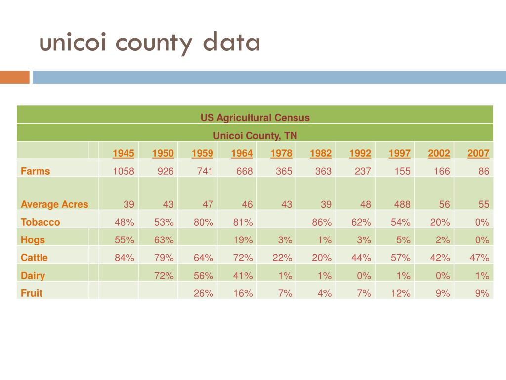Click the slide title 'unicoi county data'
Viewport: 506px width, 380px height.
pos(150,44)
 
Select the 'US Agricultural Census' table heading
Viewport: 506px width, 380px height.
pos(255,118)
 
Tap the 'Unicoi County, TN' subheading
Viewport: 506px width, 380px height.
pos(255,135)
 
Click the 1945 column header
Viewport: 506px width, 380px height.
pos(124,153)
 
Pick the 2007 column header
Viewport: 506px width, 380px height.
pos(478,153)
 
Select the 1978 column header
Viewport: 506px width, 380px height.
pos(281,153)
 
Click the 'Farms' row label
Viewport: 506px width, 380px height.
pos(36,171)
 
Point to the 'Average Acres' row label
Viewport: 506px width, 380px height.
pos(54,204)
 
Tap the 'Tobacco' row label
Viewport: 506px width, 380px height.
pos(41,222)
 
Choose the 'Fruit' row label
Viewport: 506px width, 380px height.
pos(32,293)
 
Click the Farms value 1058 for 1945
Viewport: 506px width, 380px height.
pos(124,171)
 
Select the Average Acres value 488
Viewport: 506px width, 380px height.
pos(400,204)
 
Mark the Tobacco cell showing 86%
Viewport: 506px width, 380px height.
pos(321,222)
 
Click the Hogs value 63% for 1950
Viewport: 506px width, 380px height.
pos(163,240)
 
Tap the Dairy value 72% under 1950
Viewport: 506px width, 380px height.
pos(163,276)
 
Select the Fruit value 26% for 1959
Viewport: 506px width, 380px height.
pos(203,293)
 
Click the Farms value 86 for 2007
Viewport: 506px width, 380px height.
pos(484,171)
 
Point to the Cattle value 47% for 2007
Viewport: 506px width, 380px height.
pos(479,258)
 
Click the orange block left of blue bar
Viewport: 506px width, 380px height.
pos(15,77)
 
